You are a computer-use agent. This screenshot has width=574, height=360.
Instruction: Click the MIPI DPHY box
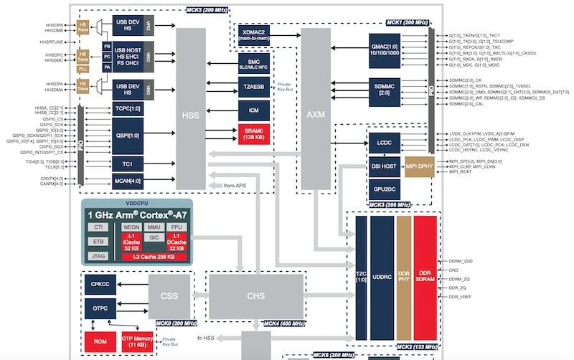420,167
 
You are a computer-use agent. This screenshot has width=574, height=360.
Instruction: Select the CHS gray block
256,296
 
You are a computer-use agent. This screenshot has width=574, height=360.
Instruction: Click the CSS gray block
169,295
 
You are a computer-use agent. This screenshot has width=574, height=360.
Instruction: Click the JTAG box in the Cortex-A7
98,255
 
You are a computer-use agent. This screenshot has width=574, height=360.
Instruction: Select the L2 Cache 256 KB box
155,256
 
